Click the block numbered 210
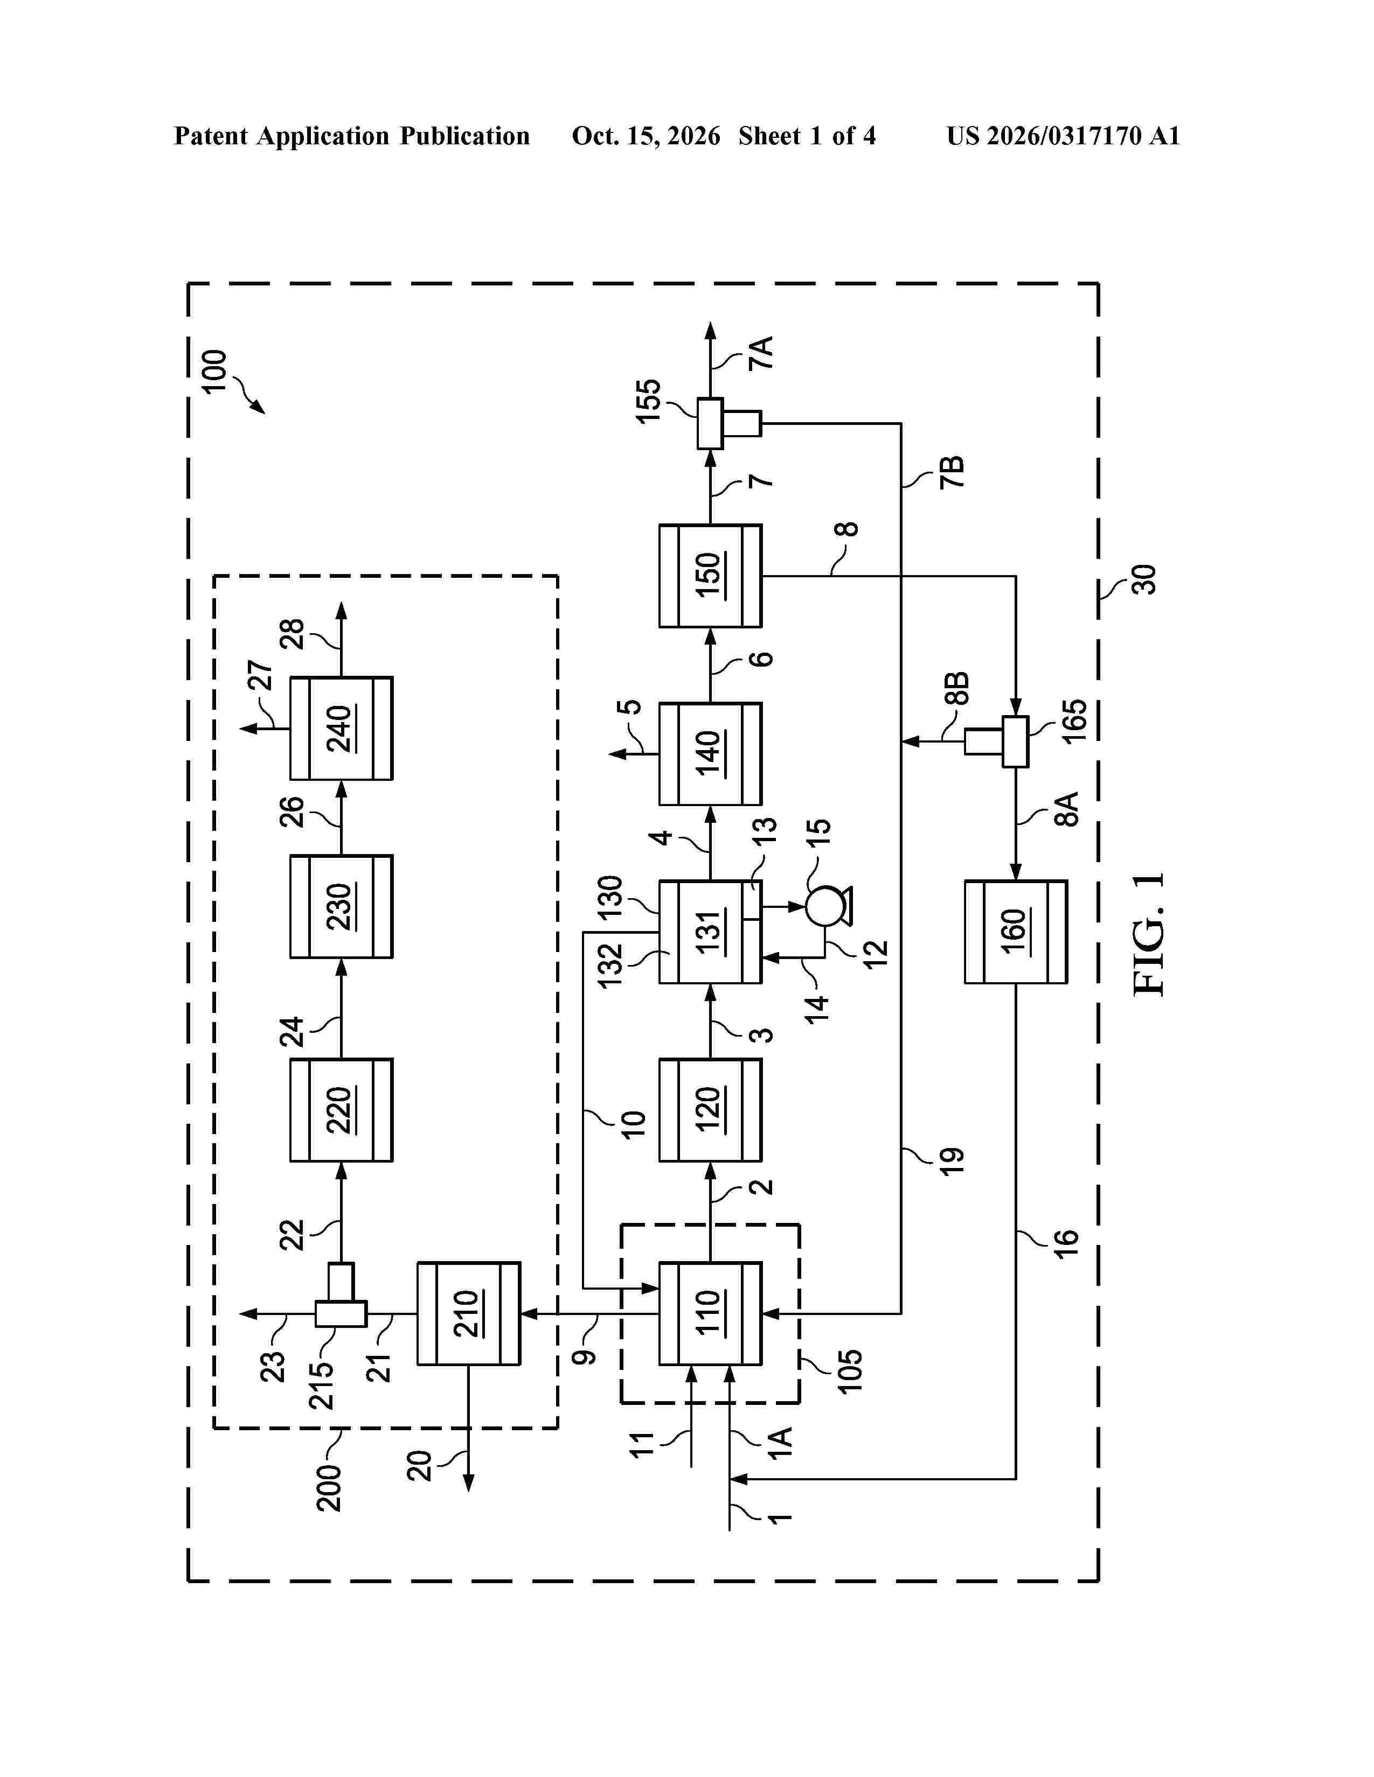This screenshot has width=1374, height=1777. tap(469, 1313)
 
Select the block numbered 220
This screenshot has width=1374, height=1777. tap(342, 1110)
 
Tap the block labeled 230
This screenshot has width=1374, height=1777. tap(342, 906)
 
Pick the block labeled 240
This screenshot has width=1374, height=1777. tap(342, 728)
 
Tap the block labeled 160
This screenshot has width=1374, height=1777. tap(1016, 932)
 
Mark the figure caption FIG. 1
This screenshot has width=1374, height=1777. tap(1149, 935)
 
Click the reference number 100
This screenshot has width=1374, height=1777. tap(214, 372)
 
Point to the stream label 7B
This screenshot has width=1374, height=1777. tap(952, 472)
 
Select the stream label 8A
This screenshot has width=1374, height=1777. tap(1066, 809)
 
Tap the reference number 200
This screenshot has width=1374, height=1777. tap(329, 1488)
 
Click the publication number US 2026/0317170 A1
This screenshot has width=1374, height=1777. tap(1063, 136)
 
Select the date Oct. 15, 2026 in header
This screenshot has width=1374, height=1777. tap(646, 136)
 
